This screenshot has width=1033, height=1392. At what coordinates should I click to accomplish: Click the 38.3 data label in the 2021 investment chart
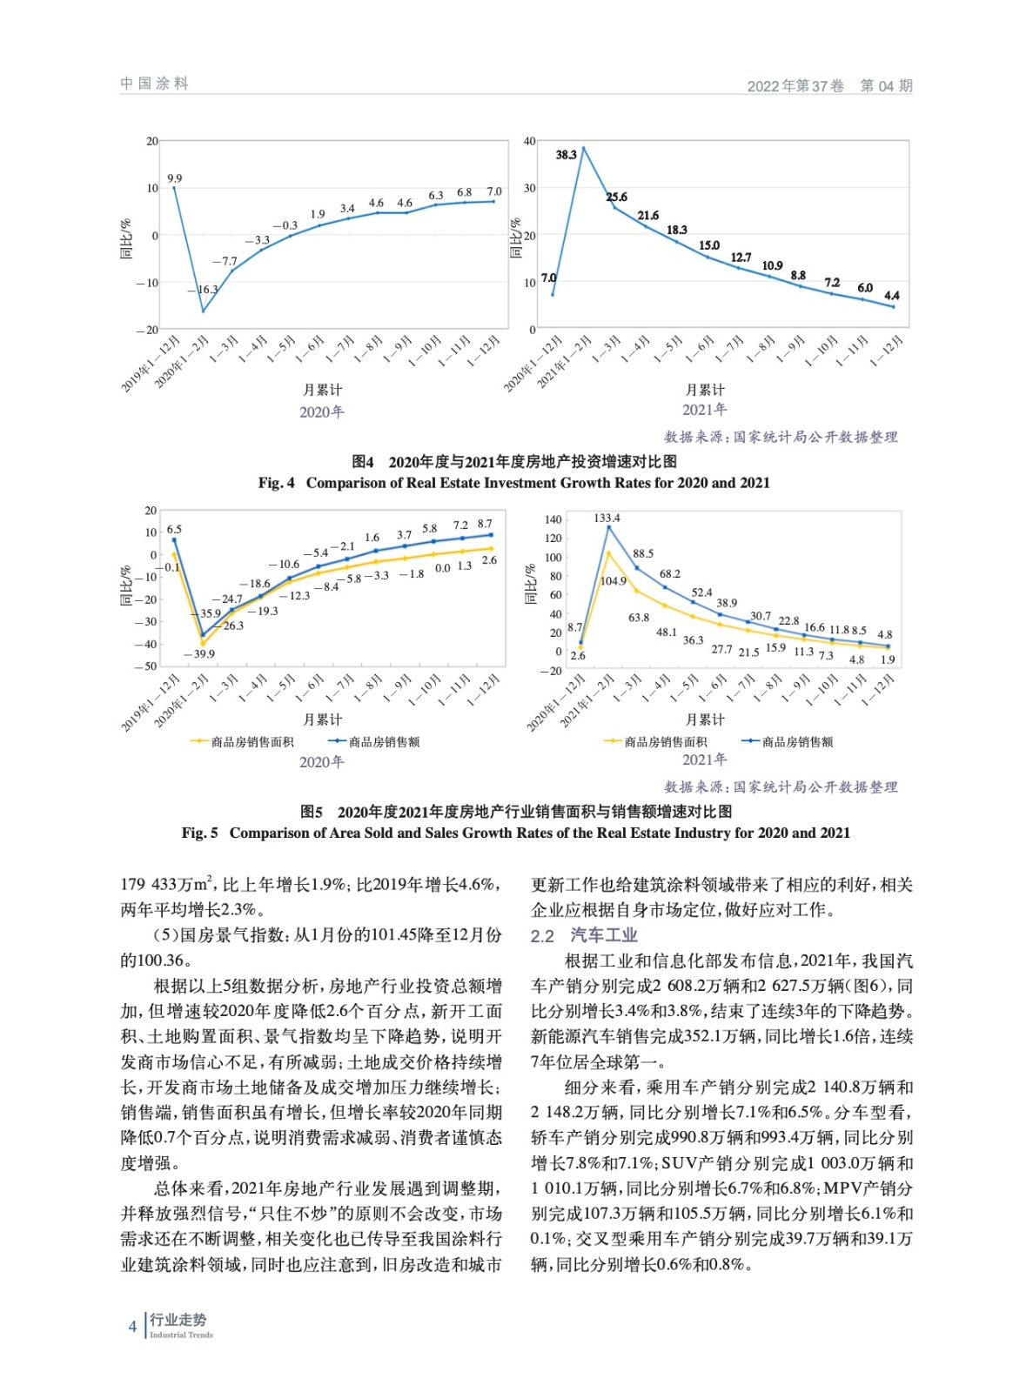[566, 155]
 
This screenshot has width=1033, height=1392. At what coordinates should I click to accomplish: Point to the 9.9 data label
[175, 178]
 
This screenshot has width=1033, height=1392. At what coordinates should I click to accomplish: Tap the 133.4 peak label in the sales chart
[607, 518]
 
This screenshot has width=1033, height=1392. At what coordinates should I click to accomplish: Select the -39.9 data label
[199, 653]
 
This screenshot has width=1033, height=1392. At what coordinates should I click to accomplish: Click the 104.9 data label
[613, 581]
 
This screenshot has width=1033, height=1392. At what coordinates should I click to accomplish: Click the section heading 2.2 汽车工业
[584, 935]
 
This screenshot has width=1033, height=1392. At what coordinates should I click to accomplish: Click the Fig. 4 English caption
[513, 483]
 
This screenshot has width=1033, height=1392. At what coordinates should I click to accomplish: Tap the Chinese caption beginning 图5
[515, 811]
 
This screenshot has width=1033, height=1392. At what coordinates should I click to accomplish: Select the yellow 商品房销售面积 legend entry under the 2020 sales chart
[243, 742]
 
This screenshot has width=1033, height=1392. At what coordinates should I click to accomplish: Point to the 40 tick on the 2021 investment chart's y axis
[529, 141]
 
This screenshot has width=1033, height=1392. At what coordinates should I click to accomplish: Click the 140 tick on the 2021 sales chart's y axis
[553, 519]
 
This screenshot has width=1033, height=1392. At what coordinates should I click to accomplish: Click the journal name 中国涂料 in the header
[154, 84]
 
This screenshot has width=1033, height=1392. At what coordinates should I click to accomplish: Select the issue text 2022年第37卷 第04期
[829, 85]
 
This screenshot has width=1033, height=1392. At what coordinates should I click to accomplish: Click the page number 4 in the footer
[132, 1327]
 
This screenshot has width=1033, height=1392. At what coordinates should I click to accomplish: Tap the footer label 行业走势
[178, 1320]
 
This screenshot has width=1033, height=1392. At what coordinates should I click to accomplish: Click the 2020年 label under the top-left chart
[321, 412]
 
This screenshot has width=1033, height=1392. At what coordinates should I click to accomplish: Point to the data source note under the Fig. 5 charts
[780, 786]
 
